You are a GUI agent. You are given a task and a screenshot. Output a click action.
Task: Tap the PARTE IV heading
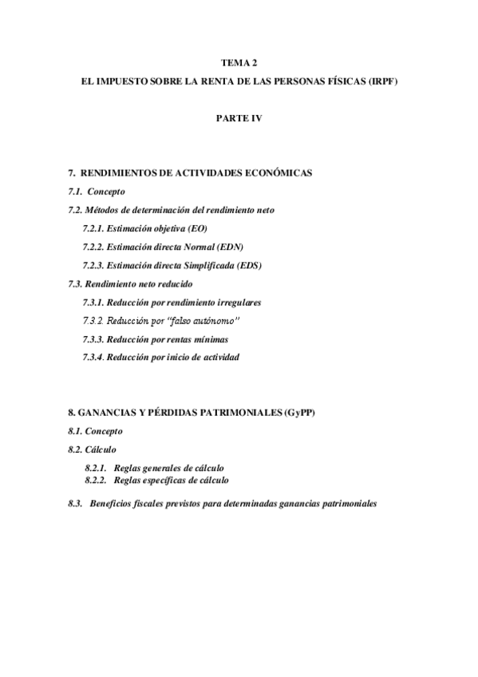(x=239, y=118)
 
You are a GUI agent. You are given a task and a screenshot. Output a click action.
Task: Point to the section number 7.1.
(x=76, y=192)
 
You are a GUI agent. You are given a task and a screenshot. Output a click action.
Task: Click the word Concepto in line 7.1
(x=106, y=192)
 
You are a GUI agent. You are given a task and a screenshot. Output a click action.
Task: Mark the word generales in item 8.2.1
(x=164, y=467)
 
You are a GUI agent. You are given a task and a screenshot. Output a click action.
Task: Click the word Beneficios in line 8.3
(x=117, y=504)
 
